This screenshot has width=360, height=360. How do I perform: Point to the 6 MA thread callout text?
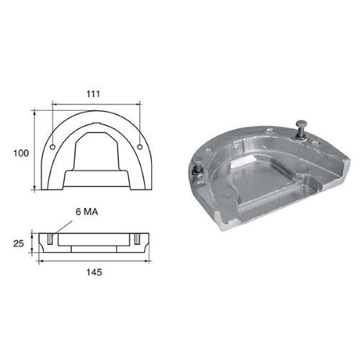pyautogui.click(x=88, y=213)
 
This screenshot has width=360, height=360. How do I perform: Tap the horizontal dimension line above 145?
pyautogui.click(x=95, y=261)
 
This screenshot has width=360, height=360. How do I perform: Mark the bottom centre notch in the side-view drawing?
pyautogui.click(x=95, y=247)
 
